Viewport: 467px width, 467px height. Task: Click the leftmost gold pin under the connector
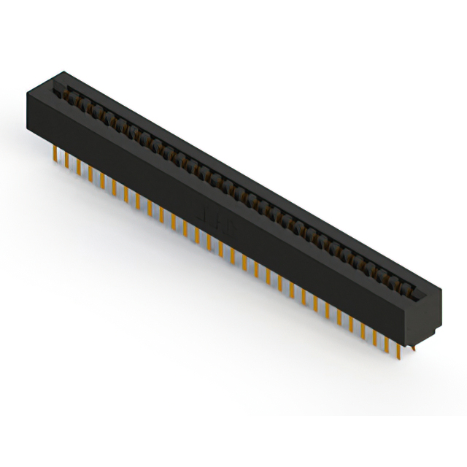[x=55, y=154]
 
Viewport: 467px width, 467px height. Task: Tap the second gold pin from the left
[x=67, y=159]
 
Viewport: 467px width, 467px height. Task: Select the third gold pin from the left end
[x=79, y=166]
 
